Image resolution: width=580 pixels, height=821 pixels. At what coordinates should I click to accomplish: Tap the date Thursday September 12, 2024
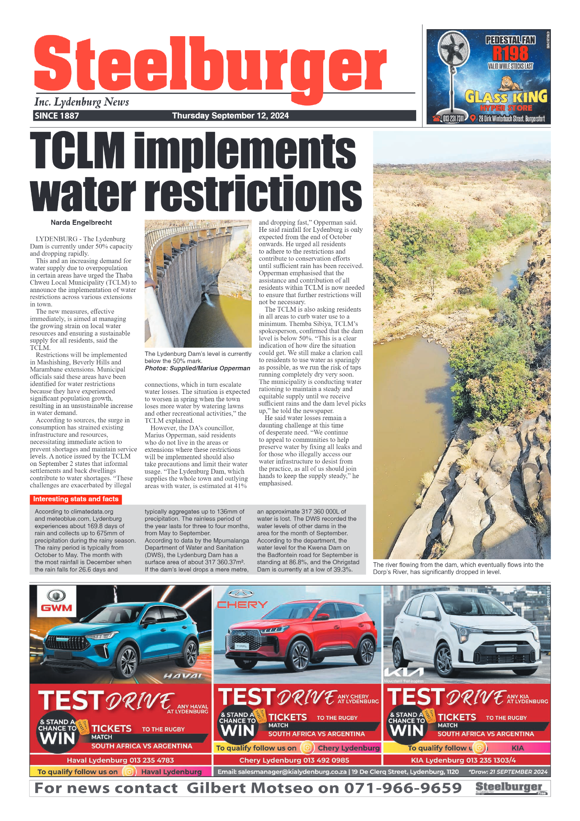coord(230,116)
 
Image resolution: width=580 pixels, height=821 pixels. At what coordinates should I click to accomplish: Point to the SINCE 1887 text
coord(57,116)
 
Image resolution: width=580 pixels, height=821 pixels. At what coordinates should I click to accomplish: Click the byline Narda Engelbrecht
coord(81,223)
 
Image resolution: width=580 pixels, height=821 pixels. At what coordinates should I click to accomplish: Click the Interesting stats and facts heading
coord(76,499)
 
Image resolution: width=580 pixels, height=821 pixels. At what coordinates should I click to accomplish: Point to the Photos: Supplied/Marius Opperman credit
coord(197,368)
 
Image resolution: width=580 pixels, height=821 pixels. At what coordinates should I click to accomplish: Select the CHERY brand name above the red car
coord(242,605)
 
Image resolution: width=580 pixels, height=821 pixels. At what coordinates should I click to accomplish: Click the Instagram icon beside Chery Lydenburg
coord(307,748)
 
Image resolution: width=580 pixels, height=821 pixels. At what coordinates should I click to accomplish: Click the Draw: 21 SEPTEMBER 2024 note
coord(508,772)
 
